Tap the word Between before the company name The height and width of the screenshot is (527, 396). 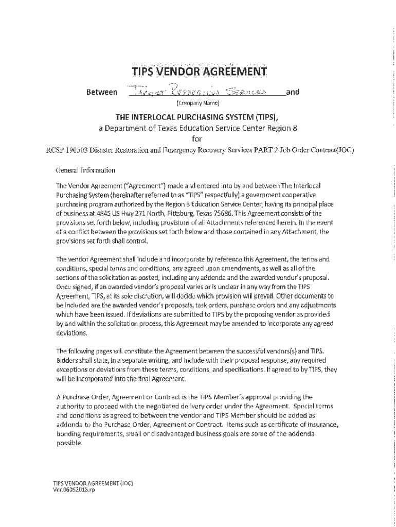(x=101, y=93)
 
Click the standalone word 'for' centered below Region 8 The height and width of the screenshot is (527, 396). (x=198, y=138)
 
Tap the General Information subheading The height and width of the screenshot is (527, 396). (x=85, y=170)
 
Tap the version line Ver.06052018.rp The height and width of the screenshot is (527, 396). (x=74, y=490)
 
